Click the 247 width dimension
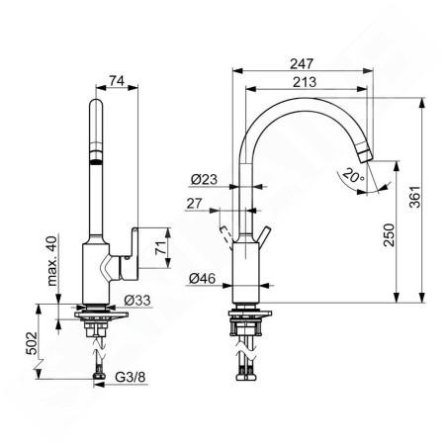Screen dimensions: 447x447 click(x=302, y=63)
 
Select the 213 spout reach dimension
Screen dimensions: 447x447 click(x=305, y=82)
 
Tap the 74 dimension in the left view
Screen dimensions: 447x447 click(x=117, y=80)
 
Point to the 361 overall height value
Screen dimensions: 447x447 click(x=415, y=197)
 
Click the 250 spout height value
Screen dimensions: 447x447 click(x=389, y=234)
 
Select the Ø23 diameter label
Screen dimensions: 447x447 click(x=204, y=179)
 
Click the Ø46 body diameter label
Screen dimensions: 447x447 click(x=202, y=279)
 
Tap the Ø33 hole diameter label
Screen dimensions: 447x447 click(x=137, y=301)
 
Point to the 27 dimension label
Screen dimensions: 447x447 click(x=194, y=204)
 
